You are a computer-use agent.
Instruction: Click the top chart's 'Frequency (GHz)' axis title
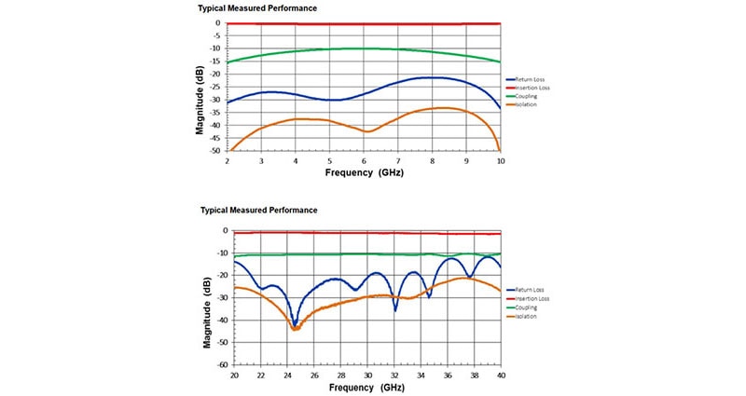(364, 173)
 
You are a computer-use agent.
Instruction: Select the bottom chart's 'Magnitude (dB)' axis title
(206, 297)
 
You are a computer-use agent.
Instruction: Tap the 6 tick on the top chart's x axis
(364, 160)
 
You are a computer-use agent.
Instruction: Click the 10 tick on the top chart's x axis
(501, 160)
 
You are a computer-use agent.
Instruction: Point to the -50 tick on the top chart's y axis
(215, 151)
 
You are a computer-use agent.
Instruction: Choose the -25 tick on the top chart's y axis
(215, 87)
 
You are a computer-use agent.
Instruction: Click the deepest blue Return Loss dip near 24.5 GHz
(295, 325)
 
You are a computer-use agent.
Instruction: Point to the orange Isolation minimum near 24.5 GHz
(295, 329)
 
